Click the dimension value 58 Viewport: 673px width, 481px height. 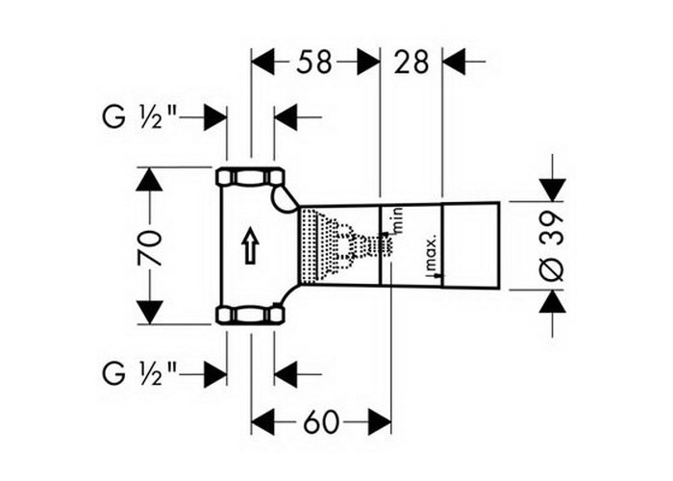pyautogui.click(x=314, y=62)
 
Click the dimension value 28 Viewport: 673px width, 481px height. pyautogui.click(x=411, y=62)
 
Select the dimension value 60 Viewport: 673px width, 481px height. pyautogui.click(x=321, y=422)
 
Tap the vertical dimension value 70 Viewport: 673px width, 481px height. pyautogui.click(x=150, y=248)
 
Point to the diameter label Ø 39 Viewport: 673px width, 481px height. pyautogui.click(x=552, y=246)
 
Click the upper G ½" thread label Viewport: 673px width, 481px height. pyautogui.click(x=139, y=116)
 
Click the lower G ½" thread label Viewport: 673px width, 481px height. pyautogui.click(x=139, y=373)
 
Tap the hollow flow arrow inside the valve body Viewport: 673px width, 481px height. pyautogui.click(x=250, y=245)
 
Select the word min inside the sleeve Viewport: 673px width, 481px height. pyautogui.click(x=397, y=220)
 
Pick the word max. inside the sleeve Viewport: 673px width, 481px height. pyautogui.click(x=432, y=252)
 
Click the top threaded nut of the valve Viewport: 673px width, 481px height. pyautogui.click(x=250, y=176)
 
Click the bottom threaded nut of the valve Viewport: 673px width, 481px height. pyautogui.click(x=250, y=314)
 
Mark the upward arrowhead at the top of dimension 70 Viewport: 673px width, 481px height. pyautogui.click(x=149, y=179)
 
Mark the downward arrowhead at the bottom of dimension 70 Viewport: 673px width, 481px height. pyautogui.click(x=149, y=313)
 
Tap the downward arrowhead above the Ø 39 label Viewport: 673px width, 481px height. pyautogui.click(x=553, y=190)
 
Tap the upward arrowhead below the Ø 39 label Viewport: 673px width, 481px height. pyautogui.click(x=553, y=301)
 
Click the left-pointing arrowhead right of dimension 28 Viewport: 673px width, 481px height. pyautogui.click(x=454, y=62)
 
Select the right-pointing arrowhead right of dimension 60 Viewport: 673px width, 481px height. pyautogui.click(x=379, y=422)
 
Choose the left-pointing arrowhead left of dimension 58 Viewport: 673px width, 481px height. pyautogui.click(x=262, y=62)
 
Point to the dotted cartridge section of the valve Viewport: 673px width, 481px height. pyautogui.click(x=339, y=245)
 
